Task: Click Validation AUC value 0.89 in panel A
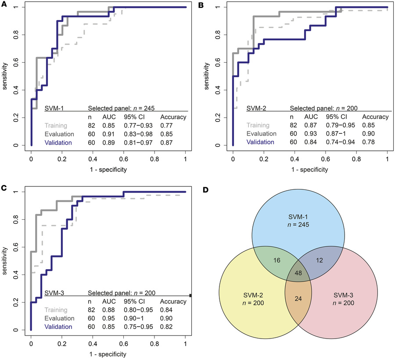pyautogui.click(x=109, y=143)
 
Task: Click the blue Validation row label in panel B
pyautogui.click(x=261, y=142)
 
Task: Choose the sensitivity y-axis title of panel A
pyautogui.click(x=5, y=76)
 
